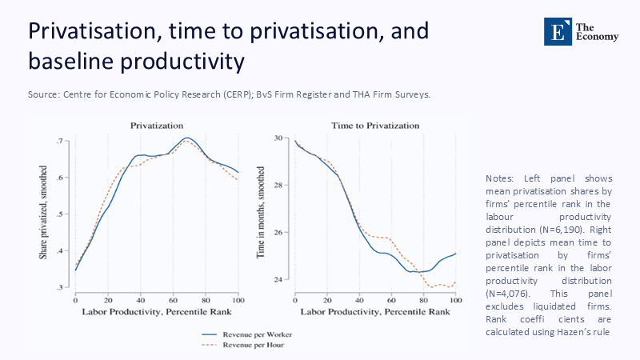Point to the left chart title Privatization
157,126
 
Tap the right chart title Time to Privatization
375,126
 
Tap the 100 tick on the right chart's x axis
455,299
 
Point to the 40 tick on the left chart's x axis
140,299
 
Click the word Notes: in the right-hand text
501,178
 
